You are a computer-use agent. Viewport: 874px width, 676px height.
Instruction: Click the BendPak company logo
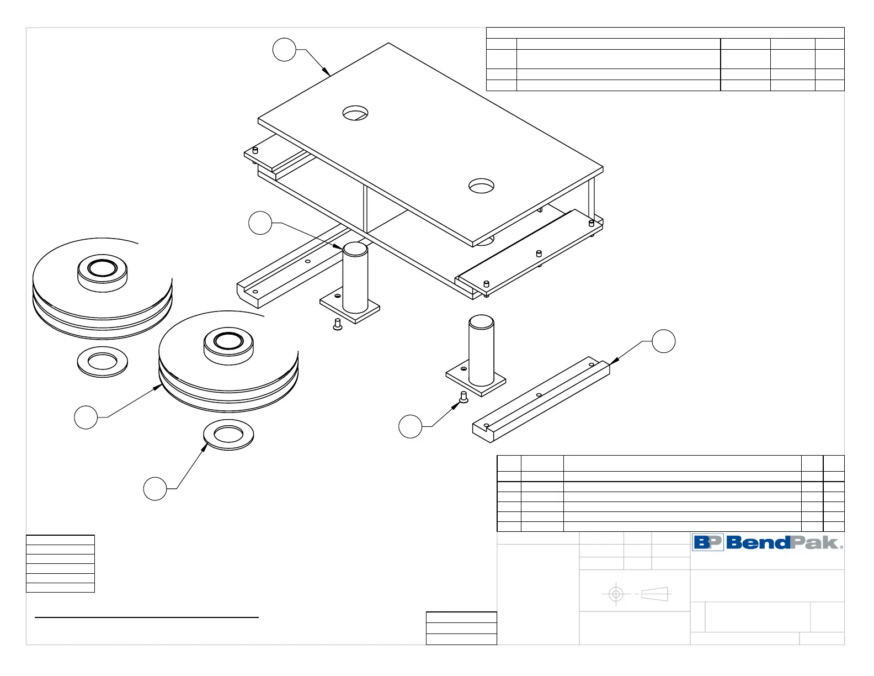(x=768, y=542)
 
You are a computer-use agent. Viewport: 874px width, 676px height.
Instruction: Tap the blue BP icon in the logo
(x=708, y=542)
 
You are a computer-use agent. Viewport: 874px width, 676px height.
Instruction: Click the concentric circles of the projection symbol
(x=616, y=594)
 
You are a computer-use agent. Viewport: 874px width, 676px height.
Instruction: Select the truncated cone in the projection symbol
(x=655, y=594)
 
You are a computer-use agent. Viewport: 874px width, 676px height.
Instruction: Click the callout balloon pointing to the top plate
(x=284, y=50)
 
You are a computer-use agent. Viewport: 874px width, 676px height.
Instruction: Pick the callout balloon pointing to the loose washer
(x=155, y=489)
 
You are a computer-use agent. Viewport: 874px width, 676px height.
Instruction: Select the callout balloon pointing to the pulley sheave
(x=86, y=417)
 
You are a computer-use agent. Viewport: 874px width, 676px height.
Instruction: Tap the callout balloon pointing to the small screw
(x=410, y=427)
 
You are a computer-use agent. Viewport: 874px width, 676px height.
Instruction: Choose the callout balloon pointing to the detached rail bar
(x=664, y=341)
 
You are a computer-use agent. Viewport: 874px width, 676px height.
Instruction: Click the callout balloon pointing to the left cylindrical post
(x=260, y=223)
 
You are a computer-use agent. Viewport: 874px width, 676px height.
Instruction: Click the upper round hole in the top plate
(x=355, y=113)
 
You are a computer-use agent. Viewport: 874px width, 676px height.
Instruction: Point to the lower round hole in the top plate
(x=481, y=186)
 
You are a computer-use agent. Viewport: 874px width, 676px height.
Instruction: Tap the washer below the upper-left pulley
(x=102, y=362)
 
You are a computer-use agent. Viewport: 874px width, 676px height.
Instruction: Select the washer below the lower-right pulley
(x=229, y=435)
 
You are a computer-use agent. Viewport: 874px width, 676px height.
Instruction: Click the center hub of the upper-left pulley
(x=102, y=268)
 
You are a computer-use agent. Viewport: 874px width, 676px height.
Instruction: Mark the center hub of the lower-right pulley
(x=228, y=341)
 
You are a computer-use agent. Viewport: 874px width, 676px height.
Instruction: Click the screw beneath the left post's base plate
(x=338, y=325)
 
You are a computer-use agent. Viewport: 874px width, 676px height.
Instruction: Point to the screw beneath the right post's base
(x=463, y=397)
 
